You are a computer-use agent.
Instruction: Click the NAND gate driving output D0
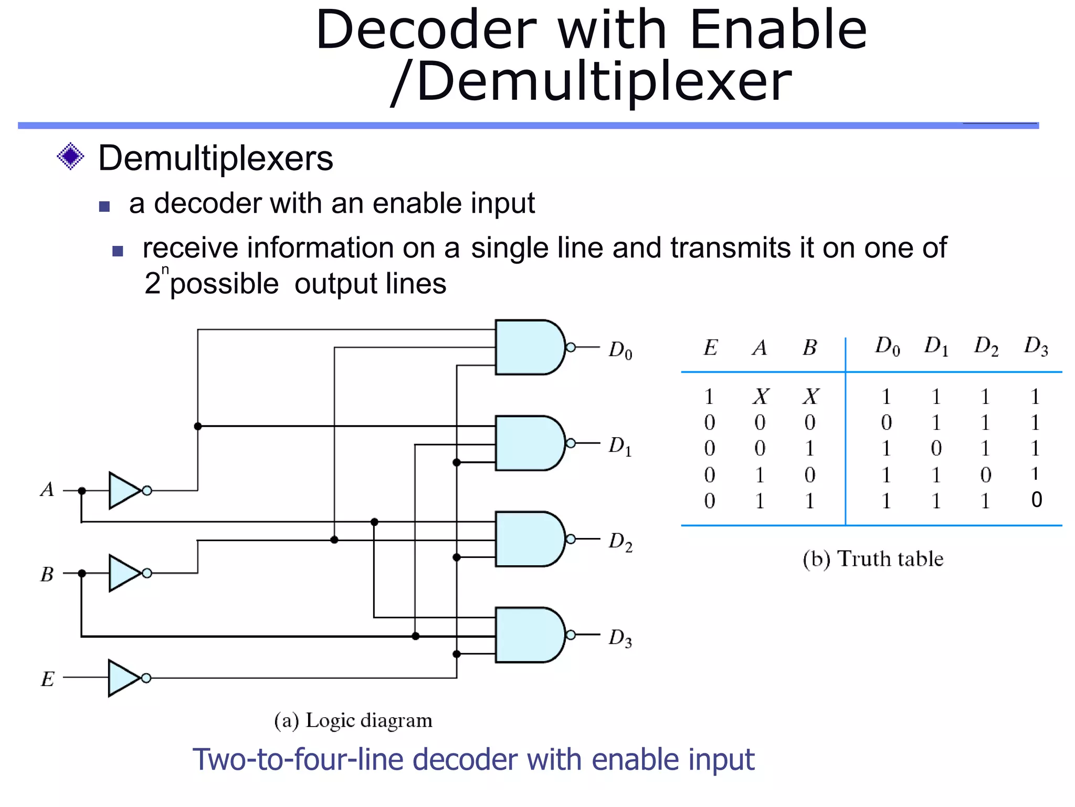click(x=528, y=347)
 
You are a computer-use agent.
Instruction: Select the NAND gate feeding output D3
click(x=528, y=635)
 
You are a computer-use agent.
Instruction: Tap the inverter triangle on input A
click(x=124, y=490)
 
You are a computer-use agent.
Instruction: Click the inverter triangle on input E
click(x=123, y=678)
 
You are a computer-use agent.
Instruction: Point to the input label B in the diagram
click(x=47, y=574)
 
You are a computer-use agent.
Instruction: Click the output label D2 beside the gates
click(x=620, y=542)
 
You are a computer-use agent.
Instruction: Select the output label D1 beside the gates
click(x=620, y=446)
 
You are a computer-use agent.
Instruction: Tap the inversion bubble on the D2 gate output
click(x=571, y=539)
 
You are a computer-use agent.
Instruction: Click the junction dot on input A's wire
click(x=82, y=491)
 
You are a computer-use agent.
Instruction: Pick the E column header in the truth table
click(x=710, y=348)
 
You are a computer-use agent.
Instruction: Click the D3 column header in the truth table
click(x=1036, y=346)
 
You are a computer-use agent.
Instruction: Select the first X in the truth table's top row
click(x=760, y=397)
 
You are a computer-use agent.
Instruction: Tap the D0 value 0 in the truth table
click(x=886, y=422)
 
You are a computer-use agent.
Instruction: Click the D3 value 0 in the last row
click(x=1036, y=500)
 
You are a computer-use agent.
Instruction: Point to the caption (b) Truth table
click(x=872, y=558)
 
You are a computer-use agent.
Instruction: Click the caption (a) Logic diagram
click(x=353, y=720)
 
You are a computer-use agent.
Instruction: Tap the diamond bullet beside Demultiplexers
click(x=70, y=157)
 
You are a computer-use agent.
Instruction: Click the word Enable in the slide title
click(x=778, y=30)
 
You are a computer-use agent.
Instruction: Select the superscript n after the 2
click(x=165, y=270)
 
